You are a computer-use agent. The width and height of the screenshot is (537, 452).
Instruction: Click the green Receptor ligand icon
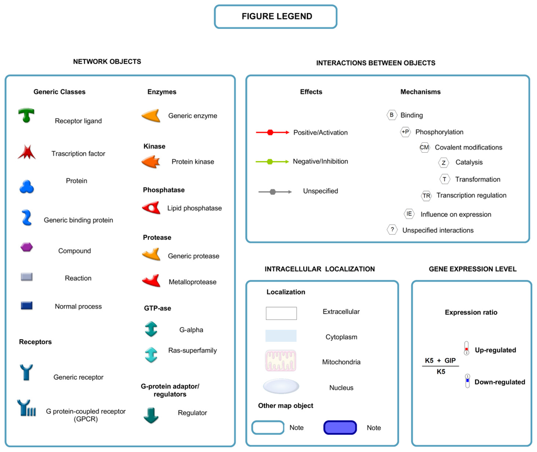[26, 115]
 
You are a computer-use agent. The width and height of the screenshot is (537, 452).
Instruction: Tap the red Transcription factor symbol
[26, 153]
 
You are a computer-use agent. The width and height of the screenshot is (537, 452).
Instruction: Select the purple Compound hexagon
[27, 247]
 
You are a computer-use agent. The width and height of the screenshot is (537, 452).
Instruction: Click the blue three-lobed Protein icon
[27, 187]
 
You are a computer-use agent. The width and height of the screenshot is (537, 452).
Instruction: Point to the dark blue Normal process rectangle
[27, 305]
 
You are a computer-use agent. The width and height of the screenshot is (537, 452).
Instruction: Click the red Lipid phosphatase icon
[151, 208]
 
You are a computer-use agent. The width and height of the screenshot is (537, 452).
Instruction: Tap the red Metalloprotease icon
[151, 281]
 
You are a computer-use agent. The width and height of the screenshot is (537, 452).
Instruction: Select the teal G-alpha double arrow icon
[151, 329]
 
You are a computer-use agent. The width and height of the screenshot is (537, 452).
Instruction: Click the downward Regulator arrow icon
[151, 415]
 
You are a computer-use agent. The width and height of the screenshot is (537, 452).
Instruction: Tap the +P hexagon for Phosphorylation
[405, 132]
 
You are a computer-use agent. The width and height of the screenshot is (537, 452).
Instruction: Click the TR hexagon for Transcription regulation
[426, 195]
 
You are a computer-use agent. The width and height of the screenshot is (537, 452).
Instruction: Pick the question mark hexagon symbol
[392, 229]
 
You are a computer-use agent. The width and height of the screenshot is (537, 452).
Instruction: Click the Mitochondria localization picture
[281, 361]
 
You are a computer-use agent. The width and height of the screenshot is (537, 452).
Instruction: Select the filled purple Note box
[340, 427]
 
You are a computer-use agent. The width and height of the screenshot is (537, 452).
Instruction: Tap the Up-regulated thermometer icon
[466, 348]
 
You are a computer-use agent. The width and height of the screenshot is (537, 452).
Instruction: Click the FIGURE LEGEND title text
[276, 16]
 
